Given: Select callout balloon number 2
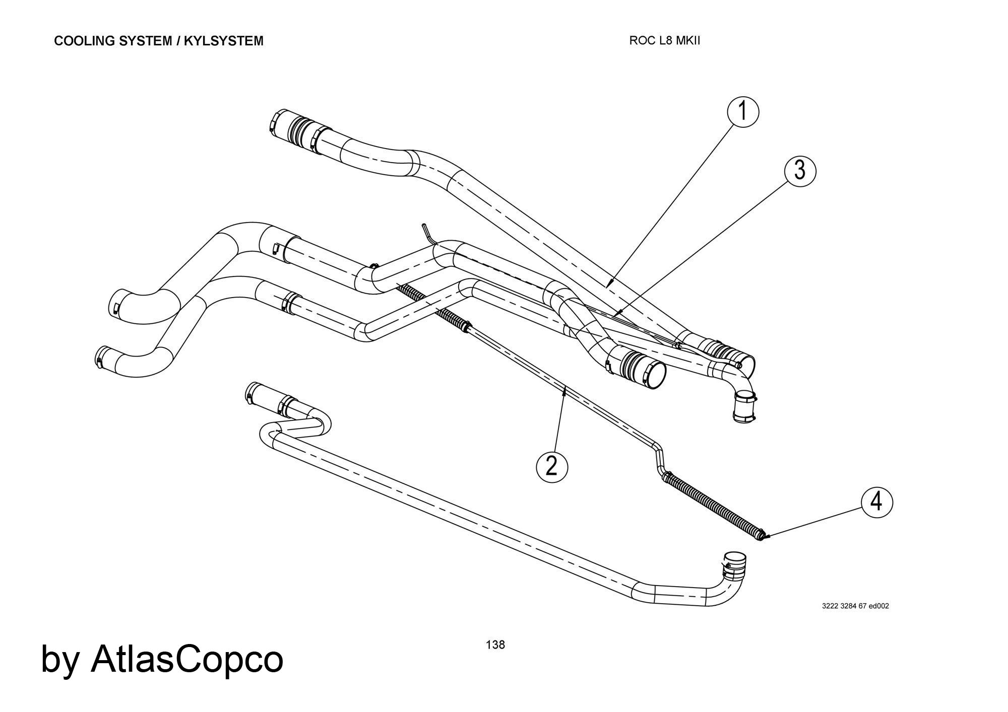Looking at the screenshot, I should [551, 466].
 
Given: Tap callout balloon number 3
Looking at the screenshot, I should [800, 171].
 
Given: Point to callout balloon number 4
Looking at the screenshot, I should [876, 502].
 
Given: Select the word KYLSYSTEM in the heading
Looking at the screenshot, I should [223, 41].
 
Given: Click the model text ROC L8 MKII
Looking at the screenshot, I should [664, 41].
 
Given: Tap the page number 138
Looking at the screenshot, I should [495, 645].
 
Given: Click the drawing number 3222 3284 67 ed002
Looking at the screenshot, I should [855, 606].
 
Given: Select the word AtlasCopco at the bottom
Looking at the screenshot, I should [186, 659].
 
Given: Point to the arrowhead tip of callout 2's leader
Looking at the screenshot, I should [565, 387].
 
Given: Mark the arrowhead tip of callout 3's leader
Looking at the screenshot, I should [615, 316].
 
